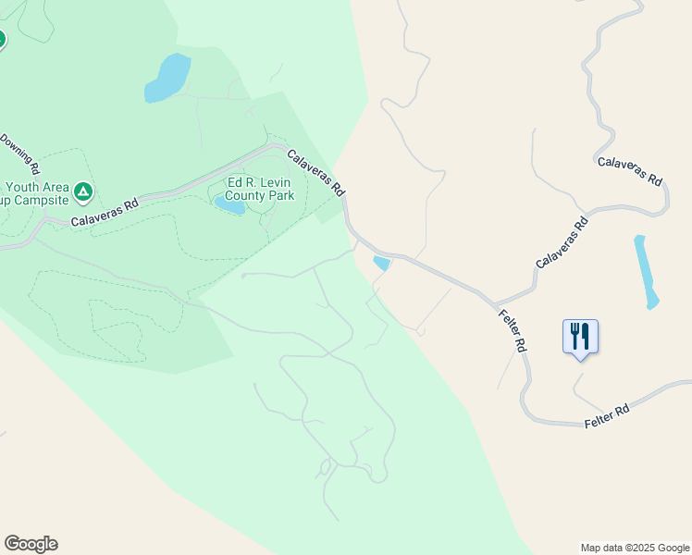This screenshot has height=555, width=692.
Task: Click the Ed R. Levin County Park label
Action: click(261, 190)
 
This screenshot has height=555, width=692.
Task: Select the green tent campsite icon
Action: click(83, 191)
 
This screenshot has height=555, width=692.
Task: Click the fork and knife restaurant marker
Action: click(580, 337)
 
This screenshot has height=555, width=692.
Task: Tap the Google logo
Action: click(31, 544)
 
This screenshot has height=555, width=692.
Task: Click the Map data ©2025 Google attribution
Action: click(635, 548)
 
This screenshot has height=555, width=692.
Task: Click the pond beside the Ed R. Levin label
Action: click(230, 205)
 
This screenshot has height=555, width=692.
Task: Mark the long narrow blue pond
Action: click(646, 271)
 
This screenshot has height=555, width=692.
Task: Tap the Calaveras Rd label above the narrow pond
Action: click(630, 172)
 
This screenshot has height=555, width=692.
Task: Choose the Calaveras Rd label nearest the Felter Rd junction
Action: click(562, 242)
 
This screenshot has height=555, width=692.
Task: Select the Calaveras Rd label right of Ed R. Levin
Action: click(315, 172)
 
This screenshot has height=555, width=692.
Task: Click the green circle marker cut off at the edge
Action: click(2, 39)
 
